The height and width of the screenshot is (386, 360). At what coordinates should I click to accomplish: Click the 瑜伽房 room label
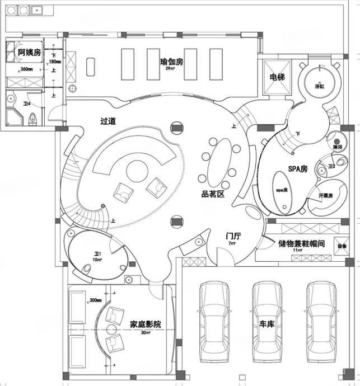[x=171, y=62]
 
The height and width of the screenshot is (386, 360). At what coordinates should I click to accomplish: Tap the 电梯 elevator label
[x=278, y=77]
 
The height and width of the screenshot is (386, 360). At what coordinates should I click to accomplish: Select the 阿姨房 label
[x=29, y=53]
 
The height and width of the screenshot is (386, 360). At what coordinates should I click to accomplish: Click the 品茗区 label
[x=213, y=195]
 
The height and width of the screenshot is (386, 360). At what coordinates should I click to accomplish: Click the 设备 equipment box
[x=341, y=246]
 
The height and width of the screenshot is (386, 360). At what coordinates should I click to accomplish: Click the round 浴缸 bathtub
[x=321, y=82]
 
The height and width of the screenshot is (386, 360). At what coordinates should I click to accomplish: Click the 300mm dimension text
[x=96, y=300]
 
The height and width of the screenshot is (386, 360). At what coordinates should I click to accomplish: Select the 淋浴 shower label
[x=337, y=147]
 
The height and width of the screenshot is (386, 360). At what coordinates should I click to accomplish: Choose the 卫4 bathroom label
[x=26, y=104]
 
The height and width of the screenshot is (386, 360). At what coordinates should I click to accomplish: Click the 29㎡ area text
[x=170, y=69]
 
